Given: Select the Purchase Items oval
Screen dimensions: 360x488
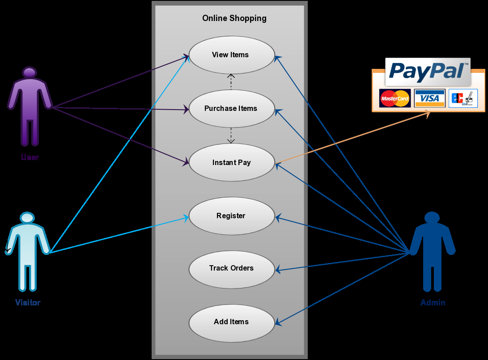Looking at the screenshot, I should point(231,108).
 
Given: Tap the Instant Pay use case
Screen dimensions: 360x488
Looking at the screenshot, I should point(231,162).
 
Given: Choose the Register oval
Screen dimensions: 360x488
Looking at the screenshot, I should point(231,216).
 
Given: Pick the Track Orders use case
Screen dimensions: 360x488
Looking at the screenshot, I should point(231,268).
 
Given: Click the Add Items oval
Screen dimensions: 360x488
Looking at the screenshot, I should point(231,322).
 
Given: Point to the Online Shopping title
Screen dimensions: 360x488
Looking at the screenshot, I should point(234,18).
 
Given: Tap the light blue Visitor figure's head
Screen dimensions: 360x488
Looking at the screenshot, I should point(27,218).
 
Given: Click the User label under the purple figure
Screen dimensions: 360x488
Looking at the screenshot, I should point(30,157).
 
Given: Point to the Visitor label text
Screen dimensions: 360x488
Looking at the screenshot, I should point(28,303).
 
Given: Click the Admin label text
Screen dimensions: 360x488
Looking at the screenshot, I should point(433,303).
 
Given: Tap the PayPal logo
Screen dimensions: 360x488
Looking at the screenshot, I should point(428,72).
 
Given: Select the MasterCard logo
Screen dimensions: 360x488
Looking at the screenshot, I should point(395,98).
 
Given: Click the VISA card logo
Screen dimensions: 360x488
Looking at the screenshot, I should point(429,98).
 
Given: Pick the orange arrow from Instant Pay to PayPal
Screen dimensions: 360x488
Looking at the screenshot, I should point(353,137).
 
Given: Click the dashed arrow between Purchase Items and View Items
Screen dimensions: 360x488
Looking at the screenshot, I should point(231,82).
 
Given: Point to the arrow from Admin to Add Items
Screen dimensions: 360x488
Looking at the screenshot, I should point(342,288).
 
